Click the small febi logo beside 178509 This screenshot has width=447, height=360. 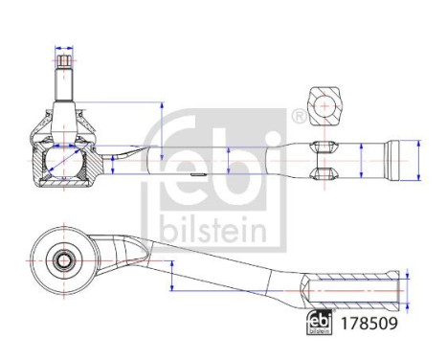point(319,323)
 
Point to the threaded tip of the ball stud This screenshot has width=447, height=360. point(64,66)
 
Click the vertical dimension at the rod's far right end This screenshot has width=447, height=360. point(416,158)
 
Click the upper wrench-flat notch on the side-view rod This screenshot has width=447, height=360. point(324,146)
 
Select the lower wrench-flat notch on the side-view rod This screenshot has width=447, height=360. point(324,173)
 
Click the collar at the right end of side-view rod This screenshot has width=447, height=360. point(395,159)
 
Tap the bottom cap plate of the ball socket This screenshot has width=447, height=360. point(63,187)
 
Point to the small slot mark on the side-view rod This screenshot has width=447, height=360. point(195,175)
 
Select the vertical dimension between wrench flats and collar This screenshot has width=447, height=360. point(361,158)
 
